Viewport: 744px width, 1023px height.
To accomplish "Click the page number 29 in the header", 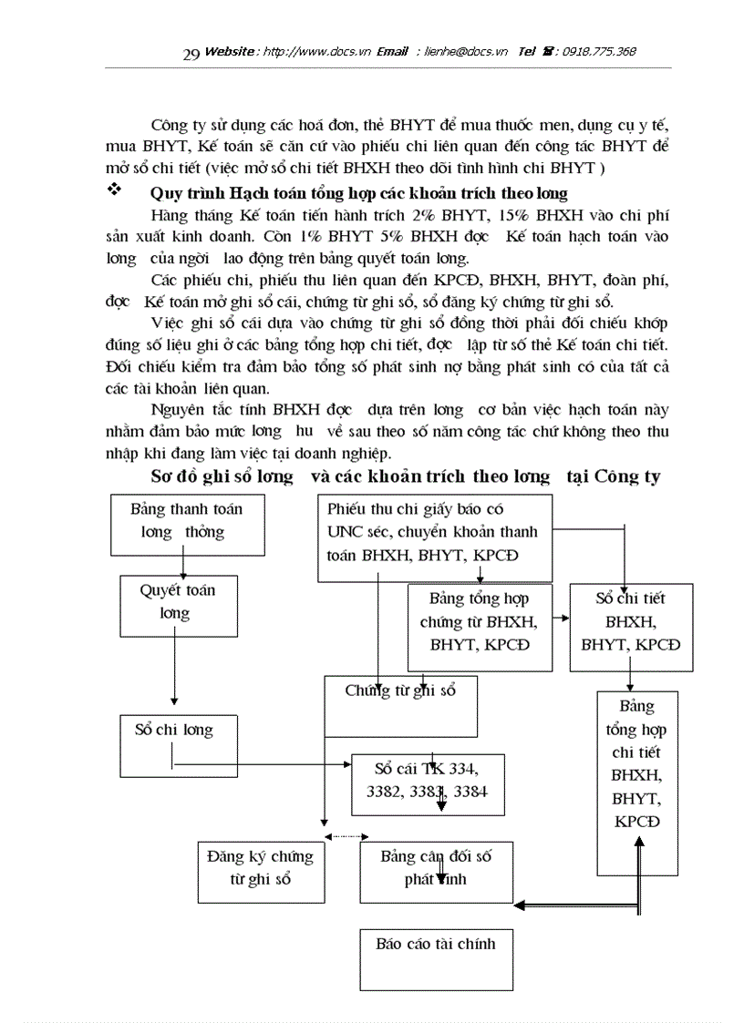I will click(x=191, y=55).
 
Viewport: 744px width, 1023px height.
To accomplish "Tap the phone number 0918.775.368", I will click(x=599, y=52).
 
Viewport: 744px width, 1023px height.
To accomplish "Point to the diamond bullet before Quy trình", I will click(x=115, y=191).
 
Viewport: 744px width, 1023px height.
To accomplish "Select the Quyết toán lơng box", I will click(x=179, y=604).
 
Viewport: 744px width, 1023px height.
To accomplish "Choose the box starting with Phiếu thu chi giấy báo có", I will click(x=434, y=538).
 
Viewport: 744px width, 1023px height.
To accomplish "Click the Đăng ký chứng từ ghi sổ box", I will click(x=260, y=871).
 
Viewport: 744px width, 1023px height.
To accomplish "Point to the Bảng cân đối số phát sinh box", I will click(x=436, y=871).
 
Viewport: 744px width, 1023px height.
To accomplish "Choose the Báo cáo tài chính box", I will click(x=436, y=953).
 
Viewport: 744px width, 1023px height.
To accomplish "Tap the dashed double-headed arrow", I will click(x=346, y=836).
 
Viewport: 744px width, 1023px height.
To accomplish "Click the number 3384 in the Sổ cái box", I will click(x=470, y=791).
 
